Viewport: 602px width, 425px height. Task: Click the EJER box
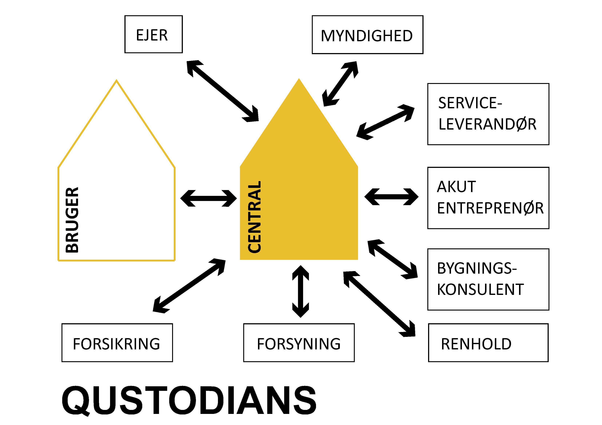tap(153, 34)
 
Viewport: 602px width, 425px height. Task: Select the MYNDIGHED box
tap(367, 35)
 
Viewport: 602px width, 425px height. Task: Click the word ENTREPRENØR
tap(490, 208)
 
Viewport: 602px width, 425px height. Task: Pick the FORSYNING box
tap(299, 343)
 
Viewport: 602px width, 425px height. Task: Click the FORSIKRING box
tap(117, 343)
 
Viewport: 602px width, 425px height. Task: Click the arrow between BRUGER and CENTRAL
tap(208, 198)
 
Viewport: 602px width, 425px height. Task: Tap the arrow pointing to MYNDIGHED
tap(340, 84)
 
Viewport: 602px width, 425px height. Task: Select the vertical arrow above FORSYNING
tap(301, 291)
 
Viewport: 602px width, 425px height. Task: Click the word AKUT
tap(456, 187)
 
